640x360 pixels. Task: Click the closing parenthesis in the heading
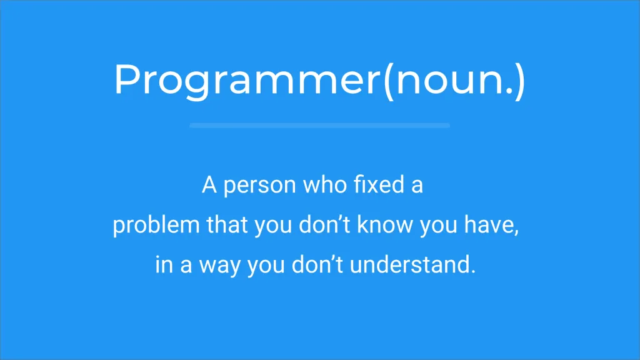pyautogui.click(x=519, y=80)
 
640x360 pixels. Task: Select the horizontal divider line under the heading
pyautogui.click(x=319, y=126)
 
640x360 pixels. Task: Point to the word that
pyautogui.click(x=227, y=225)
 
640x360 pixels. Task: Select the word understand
pyautogui.click(x=412, y=264)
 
